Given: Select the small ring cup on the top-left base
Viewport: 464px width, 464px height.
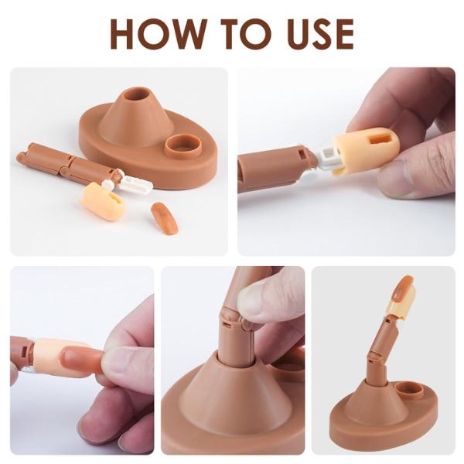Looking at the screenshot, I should tap(184, 143).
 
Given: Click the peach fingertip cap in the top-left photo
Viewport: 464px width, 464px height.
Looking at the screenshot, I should tap(102, 201).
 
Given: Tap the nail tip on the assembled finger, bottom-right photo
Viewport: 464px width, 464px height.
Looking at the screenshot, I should tap(403, 288).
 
